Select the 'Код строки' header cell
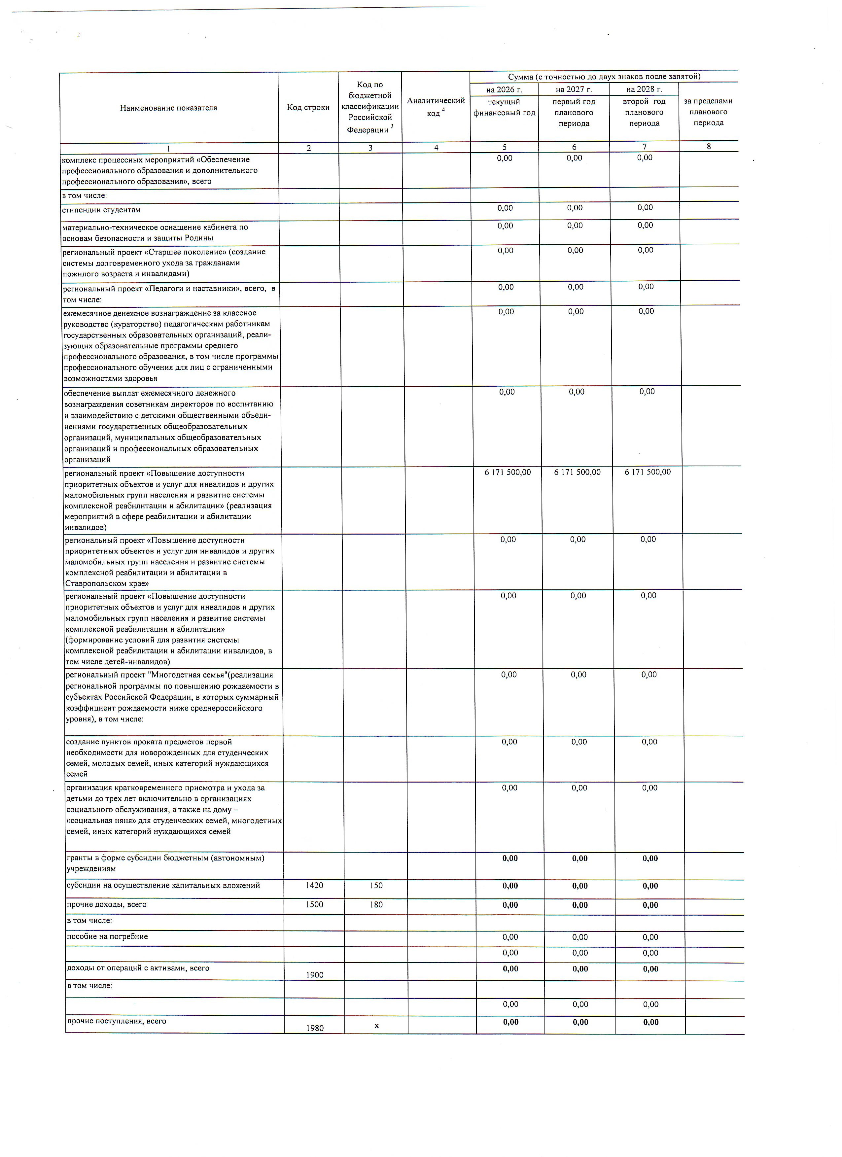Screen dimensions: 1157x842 [308, 108]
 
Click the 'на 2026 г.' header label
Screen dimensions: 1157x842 [504, 90]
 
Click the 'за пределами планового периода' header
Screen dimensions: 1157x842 [708, 112]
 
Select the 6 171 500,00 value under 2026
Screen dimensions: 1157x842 [508, 473]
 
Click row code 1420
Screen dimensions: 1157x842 [314, 886]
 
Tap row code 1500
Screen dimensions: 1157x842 [314, 904]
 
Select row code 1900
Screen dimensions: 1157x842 [315, 975]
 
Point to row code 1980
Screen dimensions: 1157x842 [315, 1028]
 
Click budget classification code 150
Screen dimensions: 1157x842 [376, 886]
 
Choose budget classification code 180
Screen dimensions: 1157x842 [376, 904]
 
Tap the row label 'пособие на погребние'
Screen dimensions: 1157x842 [107, 937]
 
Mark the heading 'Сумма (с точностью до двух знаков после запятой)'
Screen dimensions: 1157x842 [604, 77]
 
